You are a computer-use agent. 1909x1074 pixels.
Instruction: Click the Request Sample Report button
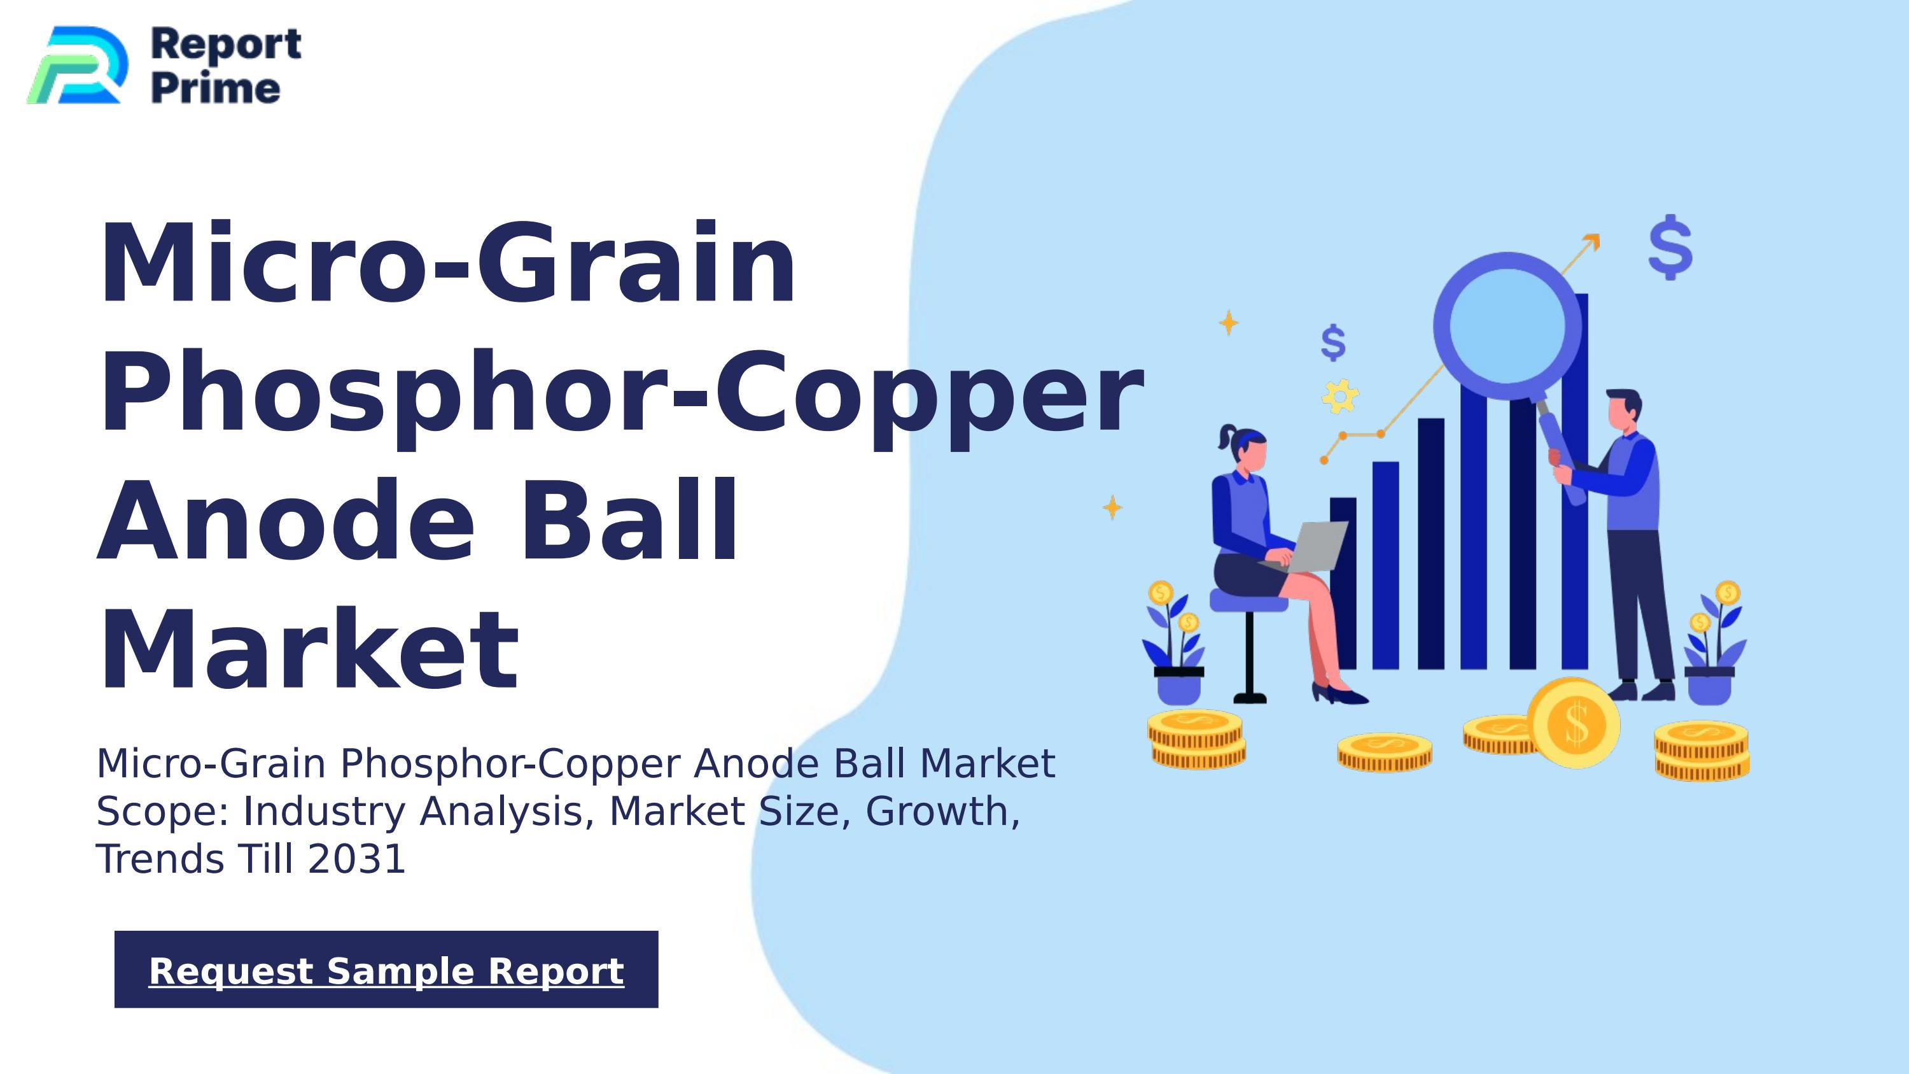(386, 970)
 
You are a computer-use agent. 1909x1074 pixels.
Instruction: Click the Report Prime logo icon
(77, 65)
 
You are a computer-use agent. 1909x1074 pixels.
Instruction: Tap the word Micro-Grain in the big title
(447, 263)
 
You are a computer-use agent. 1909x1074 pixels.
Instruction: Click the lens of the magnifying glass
(1507, 327)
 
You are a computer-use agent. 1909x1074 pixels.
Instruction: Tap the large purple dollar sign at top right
(1670, 248)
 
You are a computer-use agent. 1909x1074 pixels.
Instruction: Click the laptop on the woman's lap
(1313, 546)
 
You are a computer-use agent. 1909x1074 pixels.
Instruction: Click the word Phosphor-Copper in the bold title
(621, 393)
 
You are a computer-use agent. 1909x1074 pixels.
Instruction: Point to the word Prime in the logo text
(216, 88)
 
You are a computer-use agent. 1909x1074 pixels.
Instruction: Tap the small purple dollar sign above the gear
(1333, 343)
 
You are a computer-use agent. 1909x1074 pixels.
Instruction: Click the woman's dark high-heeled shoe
(1341, 695)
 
